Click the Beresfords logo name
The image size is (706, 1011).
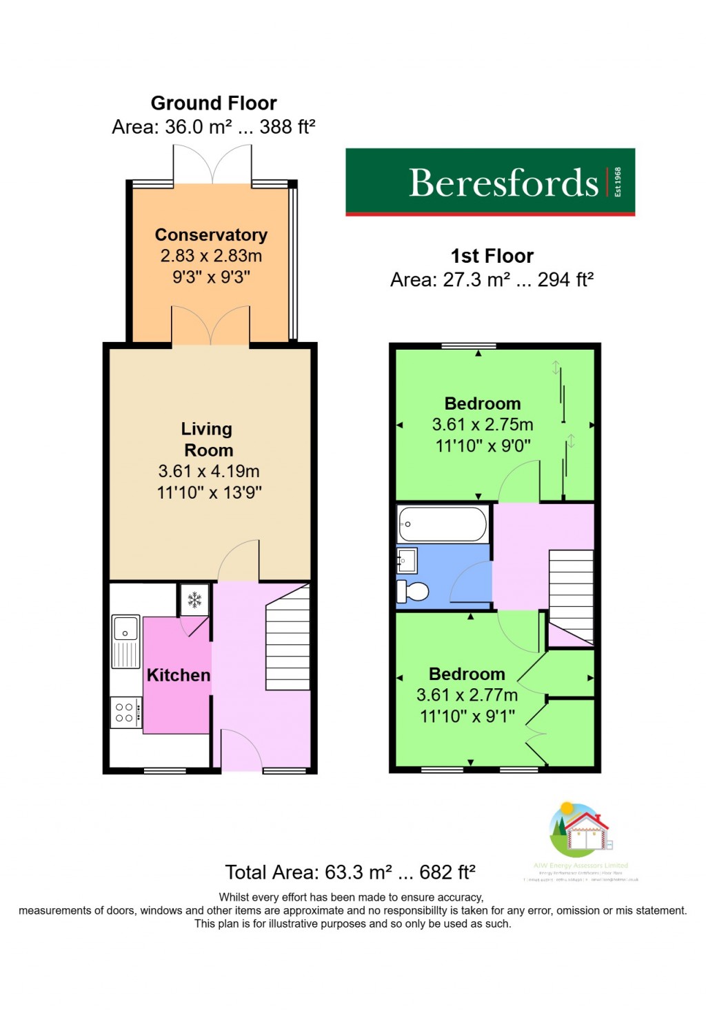click(x=503, y=183)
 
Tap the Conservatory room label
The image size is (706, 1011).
click(x=211, y=235)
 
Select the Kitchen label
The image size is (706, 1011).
click(x=179, y=675)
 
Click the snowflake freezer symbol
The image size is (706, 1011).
click(x=195, y=600)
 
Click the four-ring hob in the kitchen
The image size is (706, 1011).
click(x=125, y=713)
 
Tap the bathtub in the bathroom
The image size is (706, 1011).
click(x=443, y=524)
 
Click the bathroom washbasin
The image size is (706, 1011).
click(x=406, y=561)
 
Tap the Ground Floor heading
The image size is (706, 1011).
click(x=214, y=103)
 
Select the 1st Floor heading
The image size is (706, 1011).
click(x=492, y=257)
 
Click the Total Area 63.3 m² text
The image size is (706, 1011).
click(x=350, y=872)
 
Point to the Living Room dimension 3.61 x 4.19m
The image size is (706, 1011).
click(x=209, y=472)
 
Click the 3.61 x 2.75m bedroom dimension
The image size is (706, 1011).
click(x=483, y=425)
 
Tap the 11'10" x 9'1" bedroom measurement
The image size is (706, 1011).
click(x=467, y=717)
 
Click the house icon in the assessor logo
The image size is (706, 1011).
click(x=585, y=831)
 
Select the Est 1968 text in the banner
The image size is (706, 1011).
click(x=618, y=182)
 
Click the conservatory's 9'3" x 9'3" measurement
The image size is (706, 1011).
click(x=211, y=277)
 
